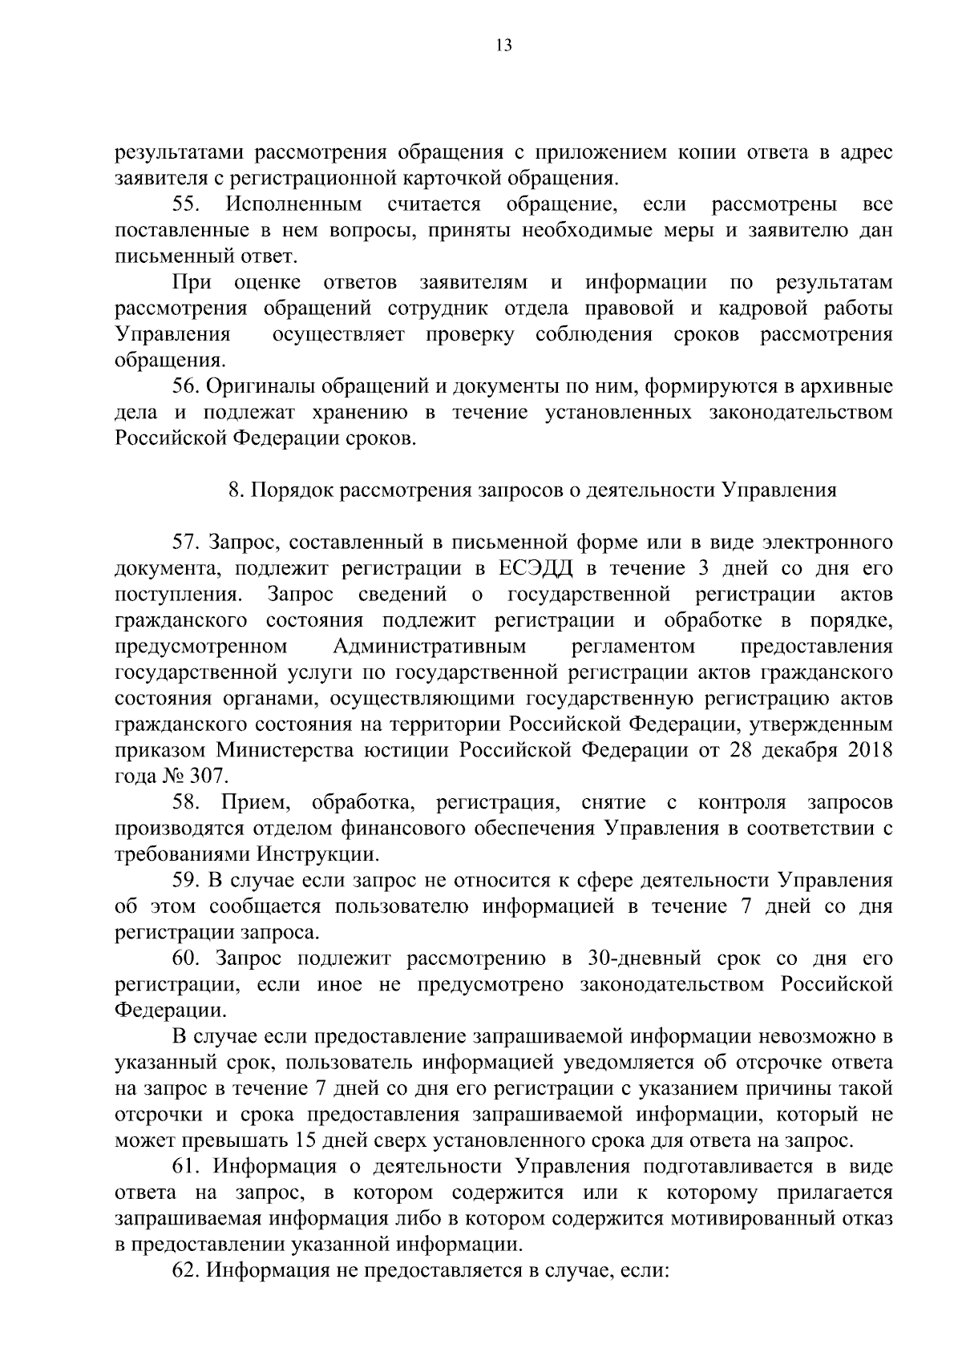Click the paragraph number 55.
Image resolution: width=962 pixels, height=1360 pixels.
point(185,204)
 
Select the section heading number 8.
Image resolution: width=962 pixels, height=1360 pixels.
point(234,490)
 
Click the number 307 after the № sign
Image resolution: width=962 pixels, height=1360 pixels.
point(210,777)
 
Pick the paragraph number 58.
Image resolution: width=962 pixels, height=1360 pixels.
point(185,803)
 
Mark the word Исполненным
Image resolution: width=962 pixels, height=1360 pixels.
point(294,204)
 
